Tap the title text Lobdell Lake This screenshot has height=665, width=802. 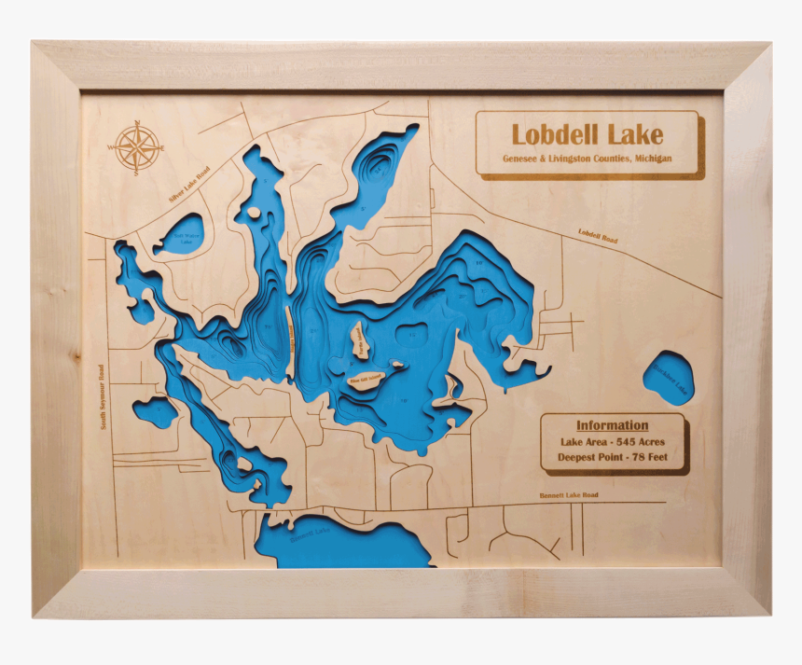coord(587,134)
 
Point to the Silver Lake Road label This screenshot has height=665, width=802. coord(189,187)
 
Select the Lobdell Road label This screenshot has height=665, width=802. coord(597,238)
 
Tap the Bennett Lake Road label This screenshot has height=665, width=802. coord(569,495)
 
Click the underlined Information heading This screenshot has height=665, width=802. coord(612,425)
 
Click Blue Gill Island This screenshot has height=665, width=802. coord(365,379)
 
